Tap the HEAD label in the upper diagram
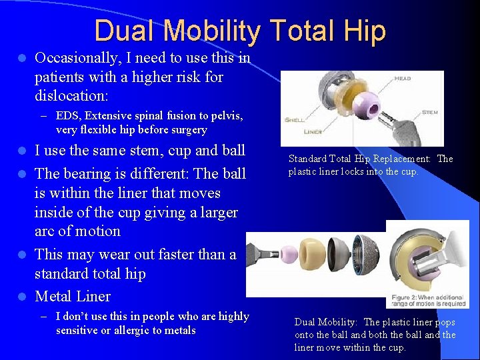pos(403,78)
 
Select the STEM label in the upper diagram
pos(431,113)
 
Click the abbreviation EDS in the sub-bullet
pos(67,116)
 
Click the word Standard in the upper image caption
pos(309,159)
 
